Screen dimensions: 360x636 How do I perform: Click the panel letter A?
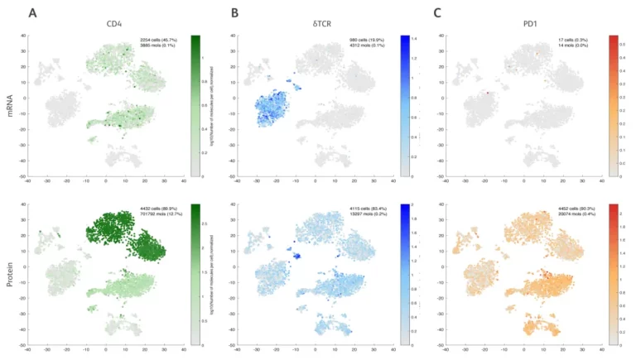(32, 12)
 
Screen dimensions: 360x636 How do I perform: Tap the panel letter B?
(235, 12)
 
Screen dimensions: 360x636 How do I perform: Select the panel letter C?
(437, 12)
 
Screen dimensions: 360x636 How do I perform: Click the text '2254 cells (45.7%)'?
(157, 40)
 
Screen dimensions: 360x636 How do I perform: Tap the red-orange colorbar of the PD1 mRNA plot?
(613, 106)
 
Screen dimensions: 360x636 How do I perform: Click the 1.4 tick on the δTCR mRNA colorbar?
(414, 39)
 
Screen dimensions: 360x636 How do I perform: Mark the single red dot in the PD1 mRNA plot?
(489, 93)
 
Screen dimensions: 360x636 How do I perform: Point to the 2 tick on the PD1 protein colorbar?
(623, 213)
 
